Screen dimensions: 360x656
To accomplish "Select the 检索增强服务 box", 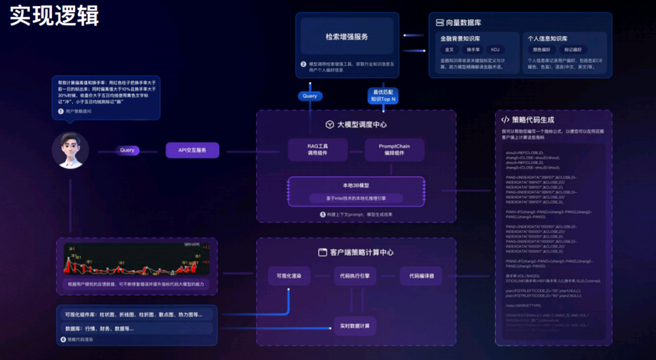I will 347,36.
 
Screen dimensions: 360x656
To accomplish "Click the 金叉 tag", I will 449,50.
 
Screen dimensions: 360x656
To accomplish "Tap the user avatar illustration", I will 70,150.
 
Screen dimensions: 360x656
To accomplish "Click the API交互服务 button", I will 192,150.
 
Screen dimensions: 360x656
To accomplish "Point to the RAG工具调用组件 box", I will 318,149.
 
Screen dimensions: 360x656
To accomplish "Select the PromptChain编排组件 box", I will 395,149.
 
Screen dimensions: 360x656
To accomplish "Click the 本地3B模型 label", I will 356,185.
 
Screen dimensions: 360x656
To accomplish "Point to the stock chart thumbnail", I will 137,260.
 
